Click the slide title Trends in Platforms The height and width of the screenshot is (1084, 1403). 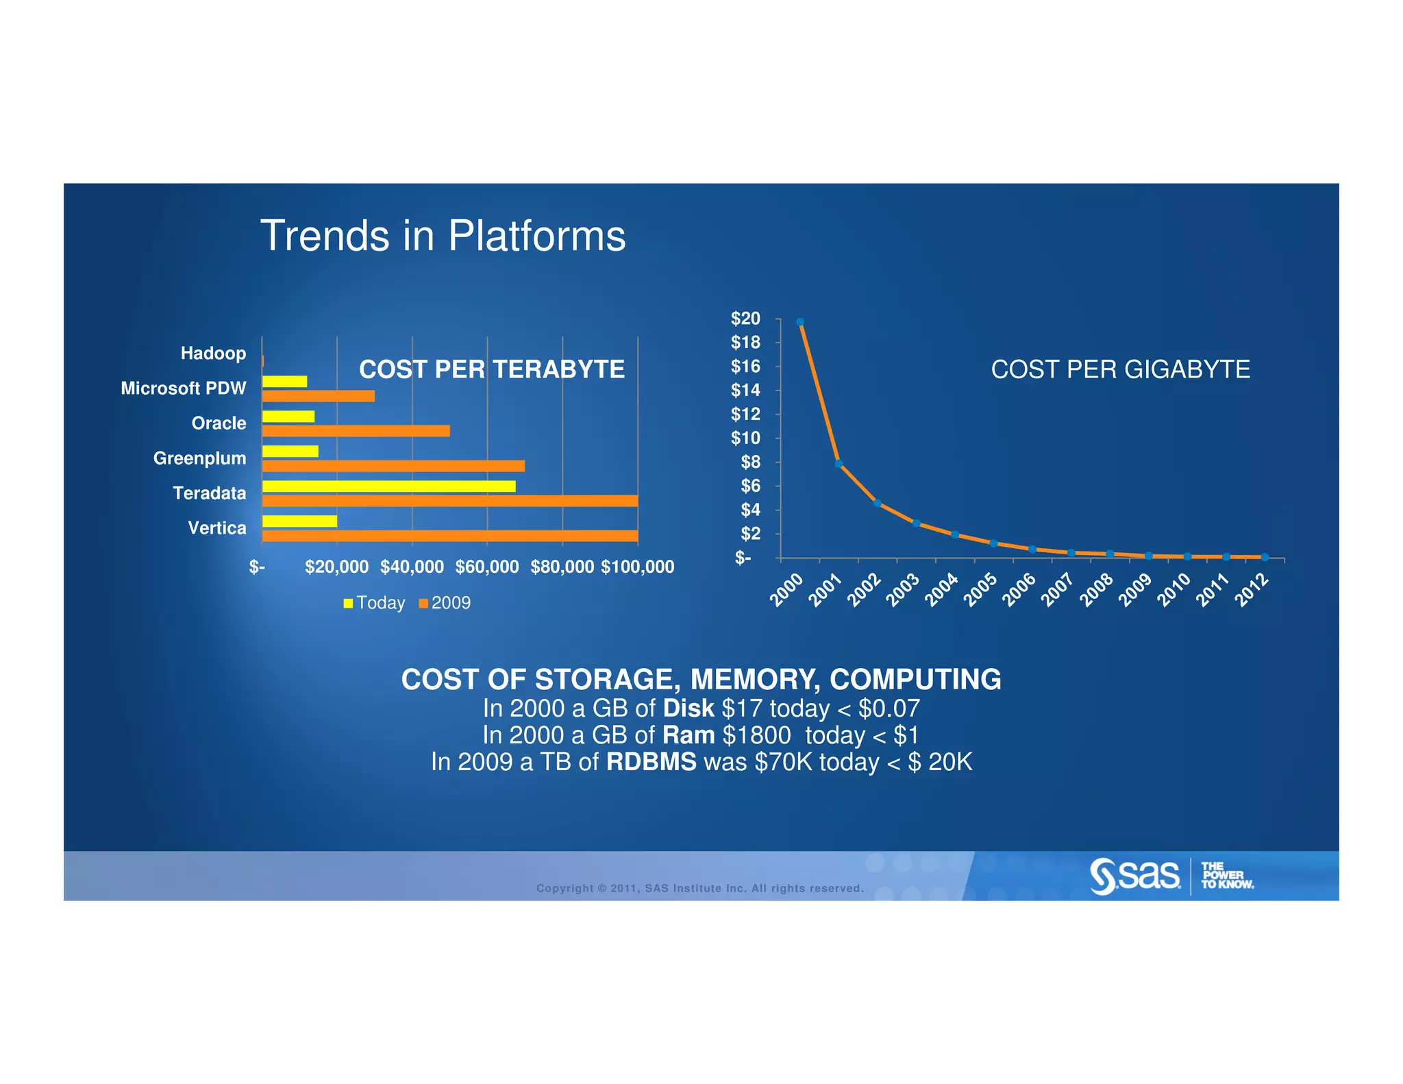(x=443, y=236)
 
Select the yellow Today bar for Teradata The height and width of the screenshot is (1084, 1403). (x=388, y=486)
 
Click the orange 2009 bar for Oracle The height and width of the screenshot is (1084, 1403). (x=356, y=431)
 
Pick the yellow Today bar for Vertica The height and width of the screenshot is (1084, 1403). (x=299, y=521)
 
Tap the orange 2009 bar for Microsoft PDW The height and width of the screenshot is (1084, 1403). (x=318, y=396)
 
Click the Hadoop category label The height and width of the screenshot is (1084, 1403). (x=213, y=354)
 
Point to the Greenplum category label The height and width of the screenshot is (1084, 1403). (x=199, y=458)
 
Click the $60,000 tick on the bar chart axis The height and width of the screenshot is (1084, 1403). (x=487, y=567)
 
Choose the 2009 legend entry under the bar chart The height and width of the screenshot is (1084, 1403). (x=445, y=603)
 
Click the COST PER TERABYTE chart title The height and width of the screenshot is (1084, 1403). (x=491, y=369)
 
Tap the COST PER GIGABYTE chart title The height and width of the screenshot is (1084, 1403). (x=1120, y=369)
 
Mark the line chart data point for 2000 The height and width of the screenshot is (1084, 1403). (x=799, y=322)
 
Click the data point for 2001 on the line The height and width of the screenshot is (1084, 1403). (x=839, y=464)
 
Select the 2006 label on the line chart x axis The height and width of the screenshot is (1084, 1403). (x=1019, y=589)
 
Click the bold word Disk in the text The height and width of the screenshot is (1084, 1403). (x=688, y=708)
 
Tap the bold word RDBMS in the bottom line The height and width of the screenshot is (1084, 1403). (x=651, y=762)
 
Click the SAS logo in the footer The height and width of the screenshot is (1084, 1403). (x=1135, y=876)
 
